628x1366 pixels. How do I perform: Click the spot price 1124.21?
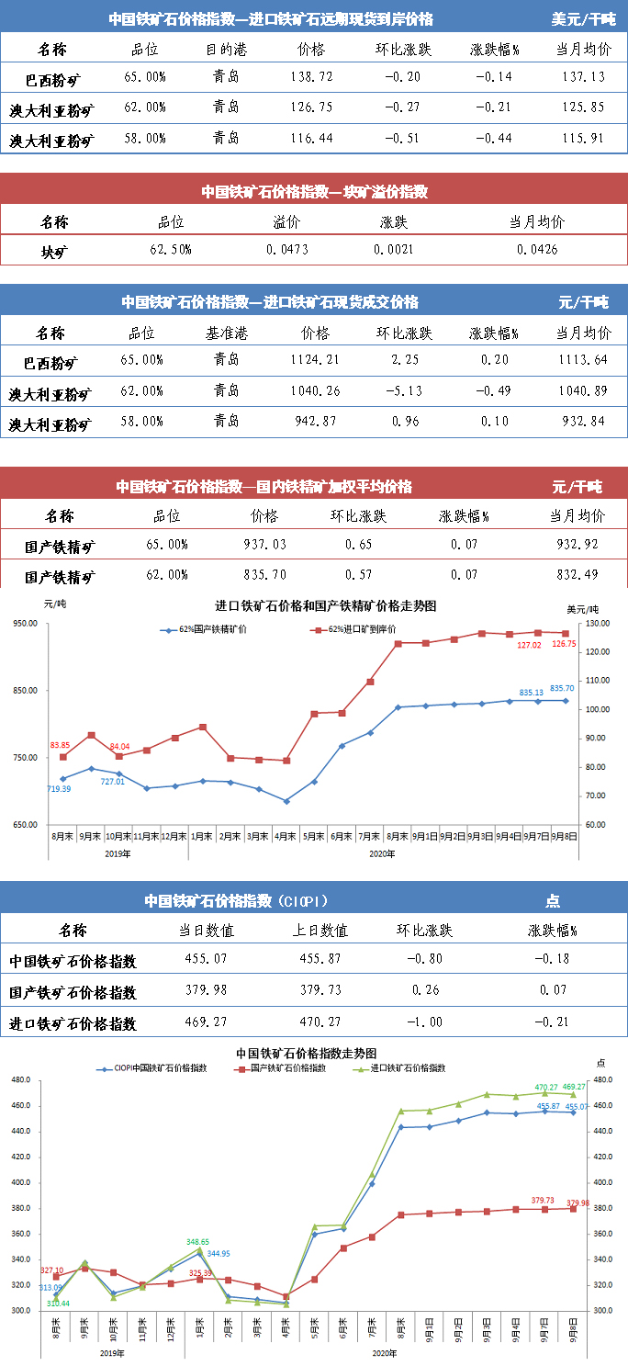point(314,360)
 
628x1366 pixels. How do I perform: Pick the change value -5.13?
point(404,391)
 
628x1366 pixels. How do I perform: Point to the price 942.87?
point(314,423)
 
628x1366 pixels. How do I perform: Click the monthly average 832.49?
point(580,576)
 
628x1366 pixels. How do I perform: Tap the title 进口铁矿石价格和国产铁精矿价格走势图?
point(325,606)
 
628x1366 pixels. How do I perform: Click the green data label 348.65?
point(198,1242)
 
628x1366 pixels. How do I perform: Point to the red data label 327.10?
point(52,1270)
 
